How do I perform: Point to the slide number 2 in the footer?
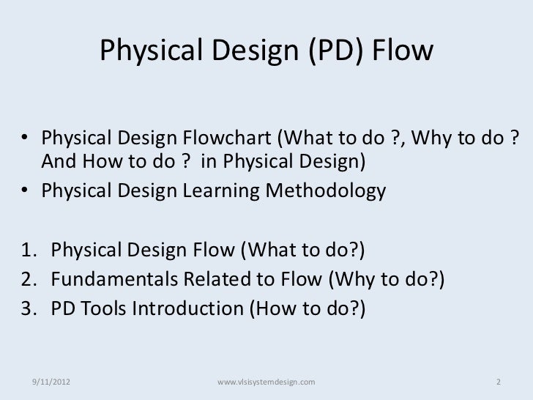tap(498, 382)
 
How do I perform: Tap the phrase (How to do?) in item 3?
tap(311, 308)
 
